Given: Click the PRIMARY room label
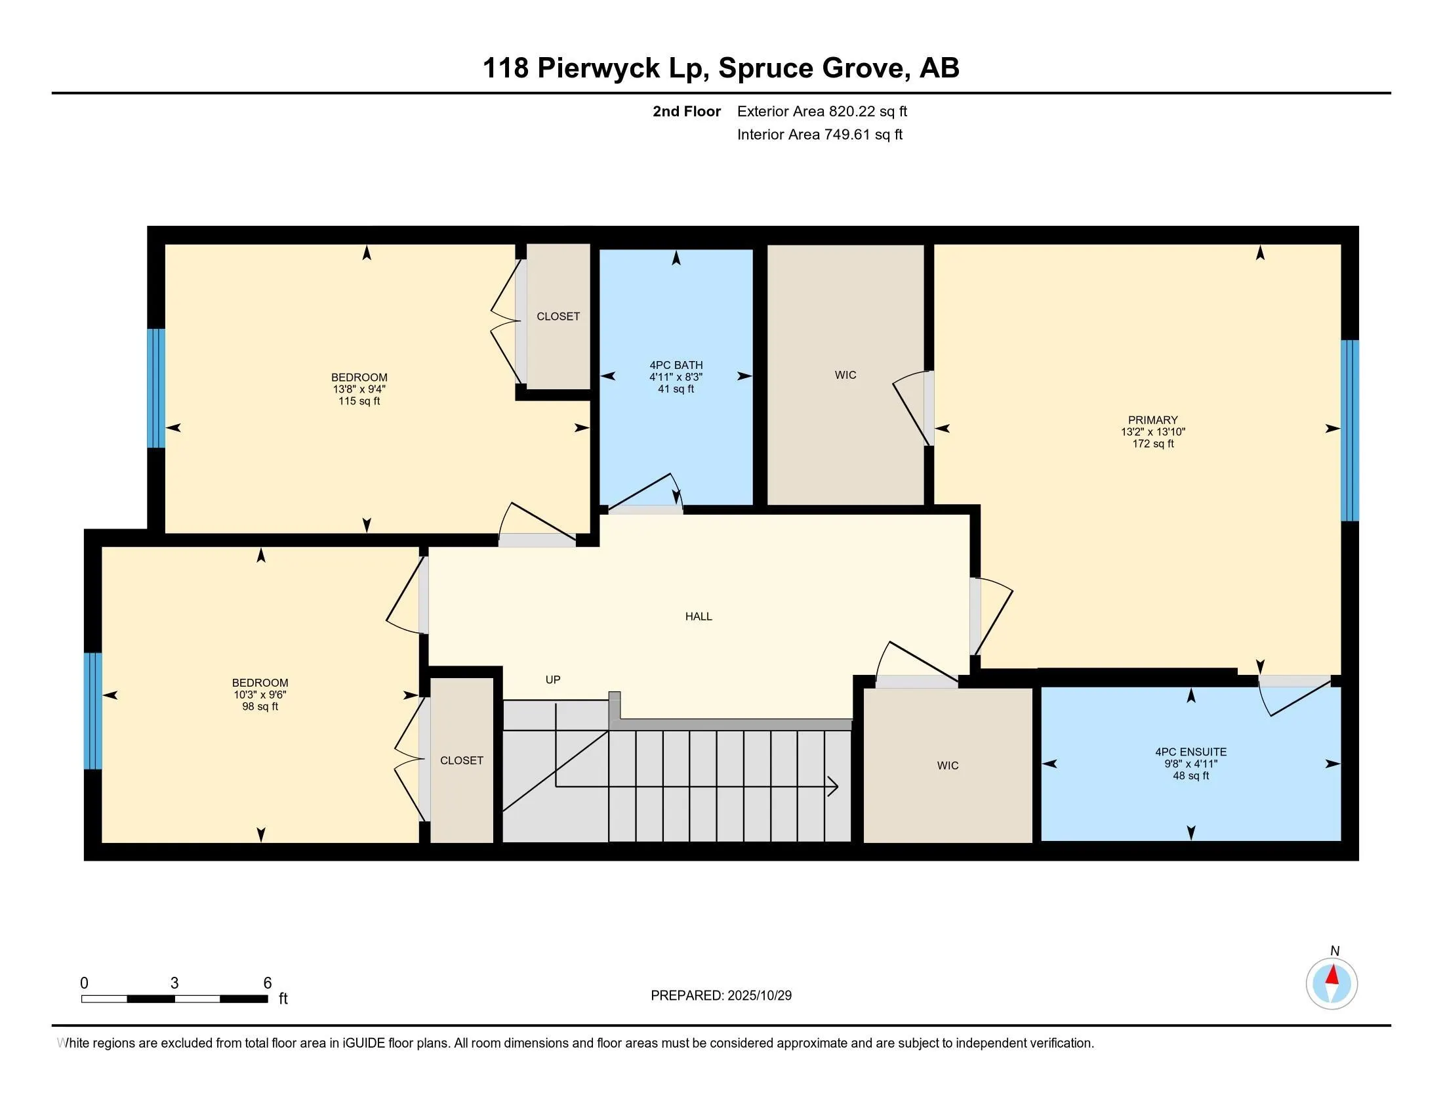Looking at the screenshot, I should [1152, 420].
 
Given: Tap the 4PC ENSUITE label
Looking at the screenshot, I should [1190, 752].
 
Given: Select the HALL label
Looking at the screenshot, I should [699, 616].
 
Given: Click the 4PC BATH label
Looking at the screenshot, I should [676, 365].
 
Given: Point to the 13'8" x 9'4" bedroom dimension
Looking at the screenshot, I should [359, 389].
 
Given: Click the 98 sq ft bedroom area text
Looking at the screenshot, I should [260, 706].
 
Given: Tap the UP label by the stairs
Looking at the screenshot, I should [552, 679].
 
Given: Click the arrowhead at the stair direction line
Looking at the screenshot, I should [834, 786].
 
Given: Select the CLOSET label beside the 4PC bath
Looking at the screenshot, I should [558, 316].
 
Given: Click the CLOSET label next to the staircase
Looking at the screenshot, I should [461, 760].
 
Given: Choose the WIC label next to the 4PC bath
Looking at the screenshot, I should [845, 375].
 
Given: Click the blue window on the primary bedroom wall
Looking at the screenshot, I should [1349, 430].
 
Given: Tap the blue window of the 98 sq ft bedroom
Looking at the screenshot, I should [93, 711].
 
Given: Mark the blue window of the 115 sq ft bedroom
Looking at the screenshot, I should [156, 388].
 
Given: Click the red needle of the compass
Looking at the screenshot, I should [1333, 976].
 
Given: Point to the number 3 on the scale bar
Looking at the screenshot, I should [174, 983].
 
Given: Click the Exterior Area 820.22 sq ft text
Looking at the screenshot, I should [822, 111].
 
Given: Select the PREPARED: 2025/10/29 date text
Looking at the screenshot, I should [721, 996].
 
